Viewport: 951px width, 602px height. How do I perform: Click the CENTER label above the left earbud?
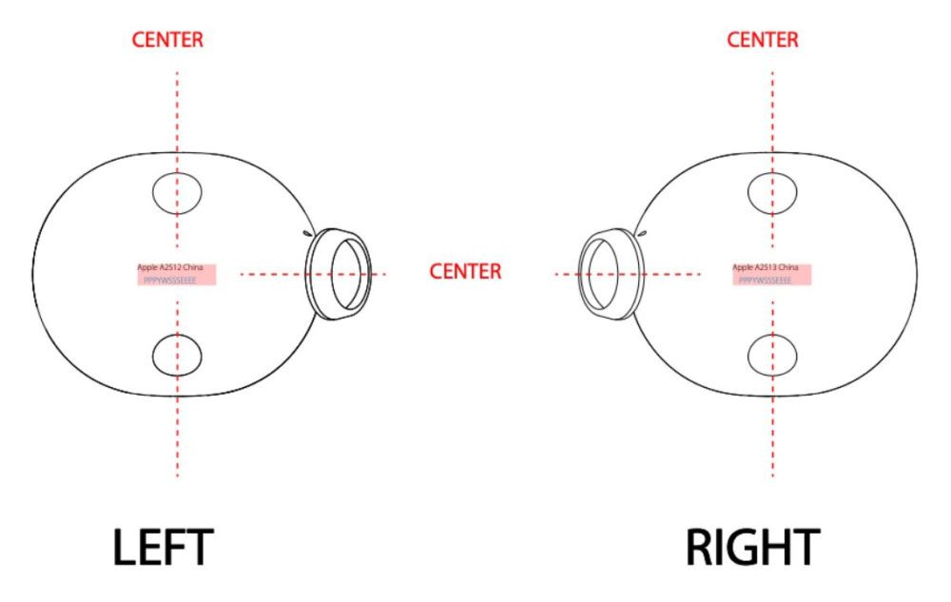click(x=167, y=40)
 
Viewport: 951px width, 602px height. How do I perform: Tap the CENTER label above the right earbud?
click(x=763, y=40)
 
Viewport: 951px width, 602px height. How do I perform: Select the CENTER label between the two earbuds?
click(x=465, y=271)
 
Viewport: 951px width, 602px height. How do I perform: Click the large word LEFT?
click(x=163, y=548)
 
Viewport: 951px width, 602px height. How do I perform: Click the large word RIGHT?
click(x=752, y=548)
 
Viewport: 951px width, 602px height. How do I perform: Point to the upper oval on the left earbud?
click(x=177, y=193)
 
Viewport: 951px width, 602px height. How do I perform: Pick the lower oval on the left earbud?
click(x=177, y=355)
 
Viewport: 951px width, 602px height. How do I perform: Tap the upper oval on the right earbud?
click(x=772, y=193)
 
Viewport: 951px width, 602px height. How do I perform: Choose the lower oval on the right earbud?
click(x=772, y=355)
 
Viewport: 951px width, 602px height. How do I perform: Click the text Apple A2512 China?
click(x=170, y=268)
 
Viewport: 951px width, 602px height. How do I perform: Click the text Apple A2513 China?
click(x=765, y=268)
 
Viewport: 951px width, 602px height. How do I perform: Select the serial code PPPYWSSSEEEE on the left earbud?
click(x=169, y=281)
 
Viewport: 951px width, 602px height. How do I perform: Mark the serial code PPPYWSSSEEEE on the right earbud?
click(x=765, y=281)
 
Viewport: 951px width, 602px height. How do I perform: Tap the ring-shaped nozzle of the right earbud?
click(x=610, y=273)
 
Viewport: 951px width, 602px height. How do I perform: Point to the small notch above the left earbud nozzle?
click(x=306, y=231)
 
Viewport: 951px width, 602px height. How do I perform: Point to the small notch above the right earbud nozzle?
click(x=643, y=231)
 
